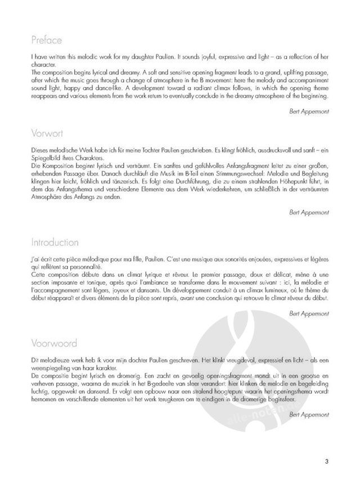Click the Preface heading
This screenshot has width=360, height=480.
pos(47,41)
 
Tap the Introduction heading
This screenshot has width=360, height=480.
pos(55,243)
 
